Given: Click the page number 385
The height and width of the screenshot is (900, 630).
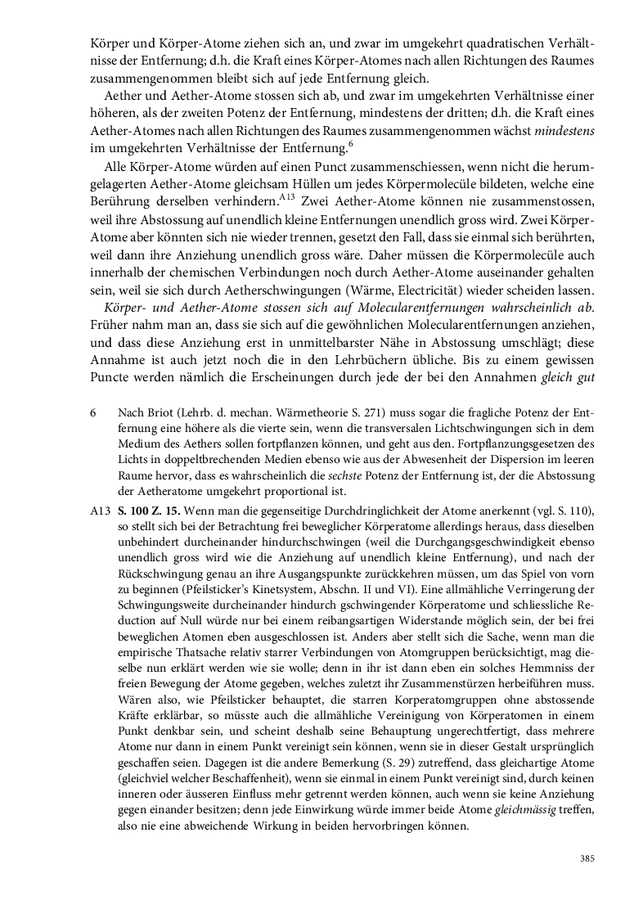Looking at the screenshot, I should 586,858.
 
